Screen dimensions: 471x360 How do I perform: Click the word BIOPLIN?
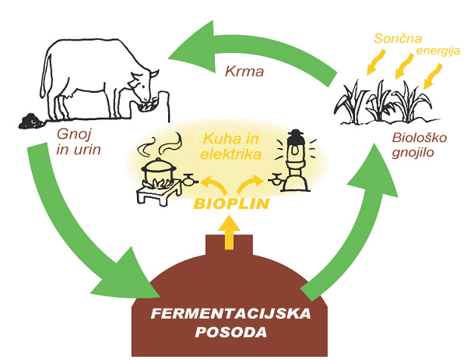pos(231,203)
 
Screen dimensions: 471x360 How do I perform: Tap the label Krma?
pos(244,72)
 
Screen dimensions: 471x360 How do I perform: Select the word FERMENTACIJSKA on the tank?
pos(230,314)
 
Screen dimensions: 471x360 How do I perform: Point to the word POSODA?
pos(231,332)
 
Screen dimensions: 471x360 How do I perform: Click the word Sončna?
pos(398,38)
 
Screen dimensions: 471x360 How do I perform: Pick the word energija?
pos(438,51)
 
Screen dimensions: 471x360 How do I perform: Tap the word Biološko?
pos(420,138)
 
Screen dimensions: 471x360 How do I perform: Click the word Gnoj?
pos(74,135)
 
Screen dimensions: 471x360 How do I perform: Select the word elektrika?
pos(230,154)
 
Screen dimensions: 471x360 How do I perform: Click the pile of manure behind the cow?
pos(31,121)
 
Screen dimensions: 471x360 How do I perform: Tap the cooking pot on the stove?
pos(158,170)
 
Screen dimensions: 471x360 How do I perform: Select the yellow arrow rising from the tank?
pos(229,232)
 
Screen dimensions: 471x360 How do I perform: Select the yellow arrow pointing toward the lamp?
pos(250,184)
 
